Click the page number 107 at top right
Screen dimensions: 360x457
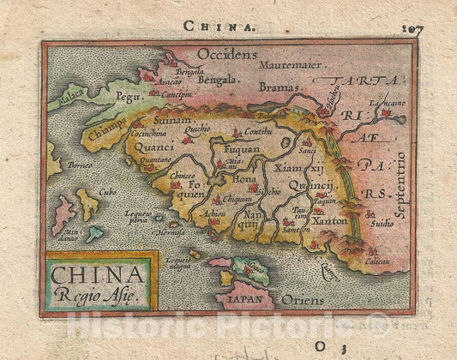click(x=412, y=28)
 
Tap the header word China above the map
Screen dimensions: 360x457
click(x=226, y=27)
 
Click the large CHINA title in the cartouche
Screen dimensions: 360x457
click(x=98, y=274)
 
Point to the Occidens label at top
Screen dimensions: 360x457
click(x=226, y=54)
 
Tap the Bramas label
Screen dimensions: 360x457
click(x=281, y=87)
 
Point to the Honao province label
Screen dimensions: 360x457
click(x=244, y=180)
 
